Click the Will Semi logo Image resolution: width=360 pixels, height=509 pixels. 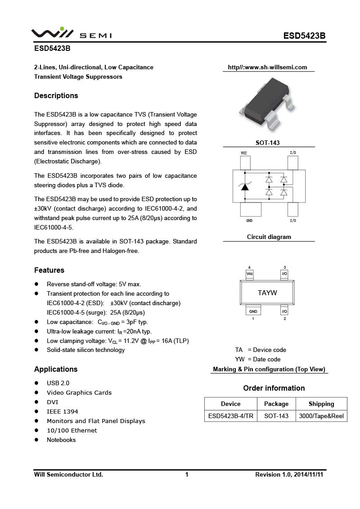coord(71,34)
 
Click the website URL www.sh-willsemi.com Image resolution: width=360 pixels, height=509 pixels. coord(267,68)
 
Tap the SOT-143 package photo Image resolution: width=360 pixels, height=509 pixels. coord(268,105)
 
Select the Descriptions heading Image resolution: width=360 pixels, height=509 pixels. coord(56,96)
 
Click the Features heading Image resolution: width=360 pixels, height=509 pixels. coord(49,270)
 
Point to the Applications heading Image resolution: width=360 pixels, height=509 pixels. coord(56,369)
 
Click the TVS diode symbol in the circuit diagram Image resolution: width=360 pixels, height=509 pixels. coord(244,186)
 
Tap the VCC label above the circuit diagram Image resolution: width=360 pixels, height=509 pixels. coord(244,153)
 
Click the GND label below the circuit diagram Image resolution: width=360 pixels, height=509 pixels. coord(249,221)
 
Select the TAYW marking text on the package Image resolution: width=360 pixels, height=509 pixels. coord(267,293)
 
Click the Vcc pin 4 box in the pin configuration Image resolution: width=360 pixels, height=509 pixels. coord(250,274)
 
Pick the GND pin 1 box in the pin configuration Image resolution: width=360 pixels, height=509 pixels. coord(253,311)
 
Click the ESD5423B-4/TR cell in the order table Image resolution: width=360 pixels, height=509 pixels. coord(230,416)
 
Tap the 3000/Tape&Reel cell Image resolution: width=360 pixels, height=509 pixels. coord(321,416)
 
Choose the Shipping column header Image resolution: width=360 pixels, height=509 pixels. coord(321,404)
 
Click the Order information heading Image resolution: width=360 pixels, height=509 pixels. coord(274,388)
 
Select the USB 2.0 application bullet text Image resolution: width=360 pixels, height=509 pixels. coord(58,383)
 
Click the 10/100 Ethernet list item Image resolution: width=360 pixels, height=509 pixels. coord(72,430)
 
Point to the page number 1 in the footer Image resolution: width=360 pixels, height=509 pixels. coord(186,474)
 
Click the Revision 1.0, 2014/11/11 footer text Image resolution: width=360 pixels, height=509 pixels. coord(289,474)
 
